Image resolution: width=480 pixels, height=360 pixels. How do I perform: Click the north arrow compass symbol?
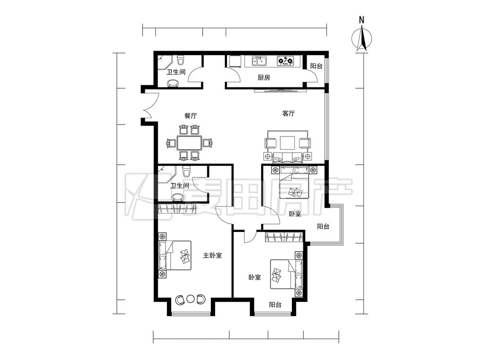(362, 39)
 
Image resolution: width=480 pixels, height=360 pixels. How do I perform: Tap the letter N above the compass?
(362, 20)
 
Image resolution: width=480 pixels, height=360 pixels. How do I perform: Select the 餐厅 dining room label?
(190, 116)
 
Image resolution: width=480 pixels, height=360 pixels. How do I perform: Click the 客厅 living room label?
(288, 113)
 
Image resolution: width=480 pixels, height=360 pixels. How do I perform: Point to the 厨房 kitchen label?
(264, 78)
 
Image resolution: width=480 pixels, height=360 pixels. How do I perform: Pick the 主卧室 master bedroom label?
(212, 255)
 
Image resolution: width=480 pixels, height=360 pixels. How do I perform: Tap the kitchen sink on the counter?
(259, 61)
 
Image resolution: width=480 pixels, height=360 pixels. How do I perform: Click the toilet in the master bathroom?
(186, 172)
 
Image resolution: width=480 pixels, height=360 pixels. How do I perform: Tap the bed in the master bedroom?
(175, 255)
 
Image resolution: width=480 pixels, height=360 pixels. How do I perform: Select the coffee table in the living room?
(288, 142)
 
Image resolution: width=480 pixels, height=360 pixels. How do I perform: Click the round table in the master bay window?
(190, 299)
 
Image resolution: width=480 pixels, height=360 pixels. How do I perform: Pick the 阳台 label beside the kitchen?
(316, 66)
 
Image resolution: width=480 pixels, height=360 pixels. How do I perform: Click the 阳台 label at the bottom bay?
(275, 305)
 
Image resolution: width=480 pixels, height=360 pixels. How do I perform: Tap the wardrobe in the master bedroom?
(177, 209)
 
